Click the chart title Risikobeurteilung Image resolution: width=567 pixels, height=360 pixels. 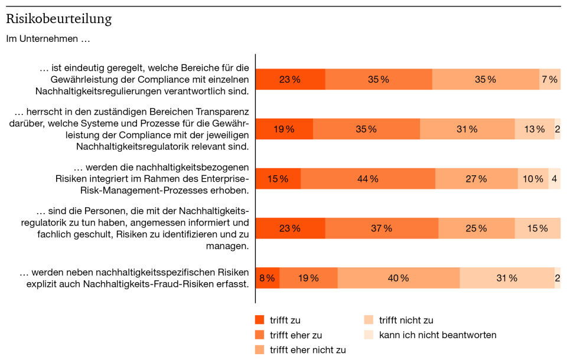pos(58,19)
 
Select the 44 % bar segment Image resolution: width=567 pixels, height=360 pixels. pos(367,179)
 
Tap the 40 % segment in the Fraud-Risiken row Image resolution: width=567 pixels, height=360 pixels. pos(398,278)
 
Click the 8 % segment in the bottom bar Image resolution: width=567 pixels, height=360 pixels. pos(267,278)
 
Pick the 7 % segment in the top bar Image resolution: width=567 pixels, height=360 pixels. pos(549,80)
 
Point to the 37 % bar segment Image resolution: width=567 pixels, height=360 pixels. pos(381,228)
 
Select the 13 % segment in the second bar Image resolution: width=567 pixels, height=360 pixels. pos(535,129)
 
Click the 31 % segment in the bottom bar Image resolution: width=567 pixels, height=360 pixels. pos(506,278)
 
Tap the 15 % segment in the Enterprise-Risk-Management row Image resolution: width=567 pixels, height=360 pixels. pos(278,179)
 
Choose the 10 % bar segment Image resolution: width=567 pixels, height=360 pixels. pos(533,179)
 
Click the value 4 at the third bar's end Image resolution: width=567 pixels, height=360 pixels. pos(554,179)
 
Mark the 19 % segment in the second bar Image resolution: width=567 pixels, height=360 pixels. pos(284,129)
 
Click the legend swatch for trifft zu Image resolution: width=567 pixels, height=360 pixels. pos(259,320)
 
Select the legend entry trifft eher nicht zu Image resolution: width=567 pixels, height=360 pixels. pos(308,349)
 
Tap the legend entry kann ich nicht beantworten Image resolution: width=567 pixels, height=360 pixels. pos(438,335)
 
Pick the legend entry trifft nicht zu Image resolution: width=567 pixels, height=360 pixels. pos(406,320)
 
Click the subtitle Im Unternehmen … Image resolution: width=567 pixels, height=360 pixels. pos(48,40)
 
